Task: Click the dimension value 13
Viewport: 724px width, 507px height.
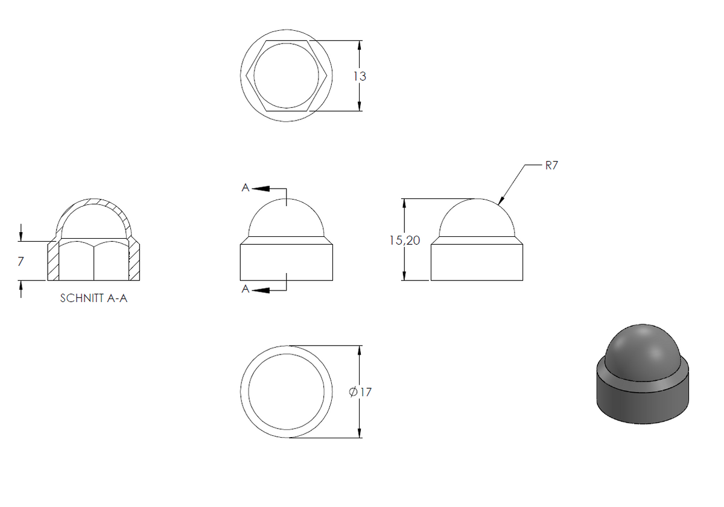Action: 360,76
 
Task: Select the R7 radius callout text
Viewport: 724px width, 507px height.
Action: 551,165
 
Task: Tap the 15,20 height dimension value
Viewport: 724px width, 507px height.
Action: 405,241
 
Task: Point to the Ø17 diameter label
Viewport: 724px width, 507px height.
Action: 360,392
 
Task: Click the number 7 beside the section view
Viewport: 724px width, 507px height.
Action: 21,261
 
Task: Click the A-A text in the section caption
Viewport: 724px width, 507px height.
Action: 117,298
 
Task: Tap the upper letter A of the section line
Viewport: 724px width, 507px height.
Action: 246,187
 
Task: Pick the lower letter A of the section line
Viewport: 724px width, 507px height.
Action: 246,289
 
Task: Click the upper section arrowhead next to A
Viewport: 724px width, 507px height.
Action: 261,189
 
